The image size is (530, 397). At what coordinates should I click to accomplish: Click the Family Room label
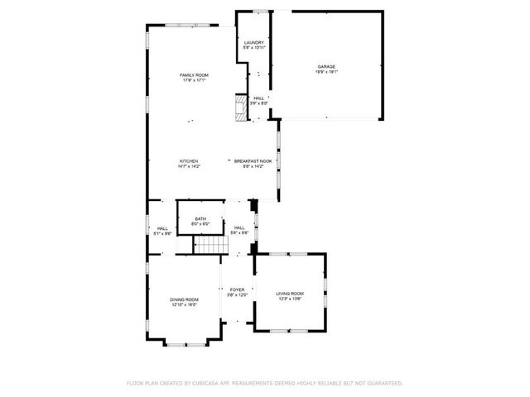[194, 75]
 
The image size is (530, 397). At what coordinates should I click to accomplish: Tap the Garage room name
[325, 66]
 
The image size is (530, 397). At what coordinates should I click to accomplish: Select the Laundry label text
[253, 42]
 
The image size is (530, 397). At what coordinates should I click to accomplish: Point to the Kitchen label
[189, 160]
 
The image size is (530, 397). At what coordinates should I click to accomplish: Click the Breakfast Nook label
[253, 160]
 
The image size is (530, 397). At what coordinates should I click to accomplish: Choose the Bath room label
[200, 218]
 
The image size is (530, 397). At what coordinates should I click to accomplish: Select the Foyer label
[237, 289]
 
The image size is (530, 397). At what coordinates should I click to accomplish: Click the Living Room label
[290, 294]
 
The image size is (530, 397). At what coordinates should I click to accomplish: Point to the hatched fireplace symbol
[240, 108]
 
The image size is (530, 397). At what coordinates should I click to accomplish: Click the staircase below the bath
[210, 246]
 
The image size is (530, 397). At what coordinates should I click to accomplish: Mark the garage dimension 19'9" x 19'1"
[325, 72]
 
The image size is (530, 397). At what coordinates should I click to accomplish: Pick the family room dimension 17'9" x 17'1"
[194, 81]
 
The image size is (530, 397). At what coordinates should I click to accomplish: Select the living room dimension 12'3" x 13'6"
[290, 299]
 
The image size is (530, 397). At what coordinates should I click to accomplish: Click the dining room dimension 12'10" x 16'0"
[184, 304]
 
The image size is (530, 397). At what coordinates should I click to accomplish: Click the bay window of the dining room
[185, 342]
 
